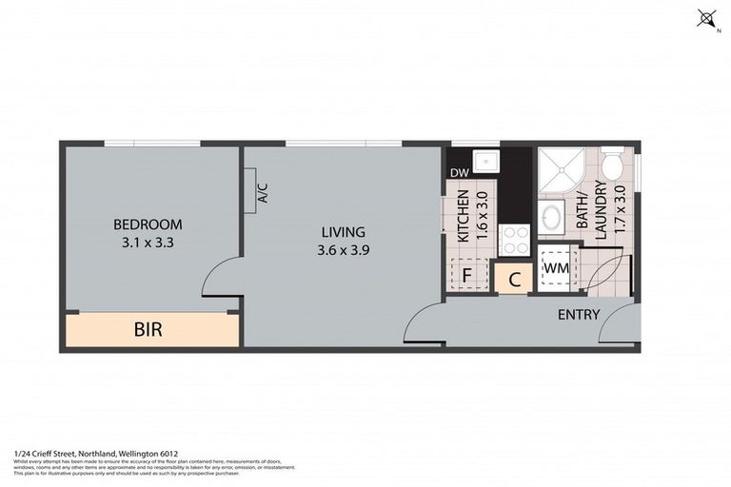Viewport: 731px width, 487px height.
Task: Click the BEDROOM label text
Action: pos(148,224)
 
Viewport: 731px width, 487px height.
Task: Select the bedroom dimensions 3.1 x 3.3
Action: pos(148,242)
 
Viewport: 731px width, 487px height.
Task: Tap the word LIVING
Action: pos(343,232)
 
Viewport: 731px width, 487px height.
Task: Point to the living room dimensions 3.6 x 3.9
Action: pos(343,250)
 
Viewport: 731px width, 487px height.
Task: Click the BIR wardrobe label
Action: pos(148,330)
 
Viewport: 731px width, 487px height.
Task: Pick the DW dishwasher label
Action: pos(459,173)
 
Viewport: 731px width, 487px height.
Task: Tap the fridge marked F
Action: pos(467,276)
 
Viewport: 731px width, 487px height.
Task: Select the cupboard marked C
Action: pos(514,279)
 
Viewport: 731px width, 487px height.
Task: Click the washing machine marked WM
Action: pos(555,268)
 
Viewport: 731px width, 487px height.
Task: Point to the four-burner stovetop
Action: pos(515,240)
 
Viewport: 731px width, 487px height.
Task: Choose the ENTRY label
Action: pos(578,315)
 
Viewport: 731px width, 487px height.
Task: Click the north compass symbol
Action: pos(705,17)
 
